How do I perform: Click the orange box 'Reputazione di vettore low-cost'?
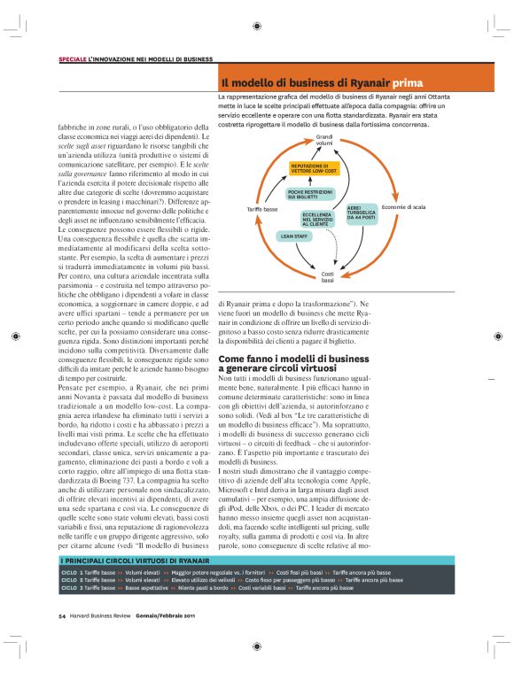[x=314, y=168]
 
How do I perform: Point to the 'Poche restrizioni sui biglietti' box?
[x=310, y=193]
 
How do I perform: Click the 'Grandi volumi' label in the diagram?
[x=324, y=140]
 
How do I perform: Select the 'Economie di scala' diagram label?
[x=402, y=206]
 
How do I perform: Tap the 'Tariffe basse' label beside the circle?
[x=263, y=209]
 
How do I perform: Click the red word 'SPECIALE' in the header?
[x=73, y=58]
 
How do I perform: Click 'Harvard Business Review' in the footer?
[x=101, y=590]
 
